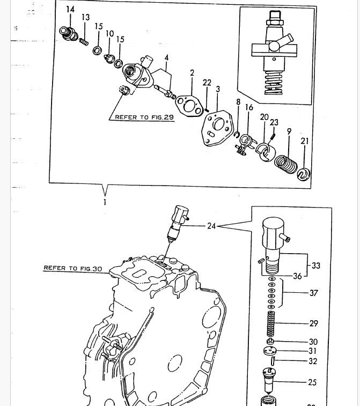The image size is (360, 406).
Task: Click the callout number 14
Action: point(71,9)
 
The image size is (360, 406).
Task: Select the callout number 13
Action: point(86,18)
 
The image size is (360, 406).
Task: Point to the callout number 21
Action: point(305,141)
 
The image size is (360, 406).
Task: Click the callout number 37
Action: point(313,293)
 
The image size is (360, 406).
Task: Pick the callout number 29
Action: point(313,323)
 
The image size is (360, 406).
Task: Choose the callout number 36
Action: point(297,276)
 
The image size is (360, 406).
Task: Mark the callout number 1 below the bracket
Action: point(105,202)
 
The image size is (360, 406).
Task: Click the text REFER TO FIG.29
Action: point(141,117)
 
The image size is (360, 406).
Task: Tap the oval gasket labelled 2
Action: point(187,104)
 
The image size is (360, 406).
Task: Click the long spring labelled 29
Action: point(272,323)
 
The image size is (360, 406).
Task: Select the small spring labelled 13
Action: point(83,40)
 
